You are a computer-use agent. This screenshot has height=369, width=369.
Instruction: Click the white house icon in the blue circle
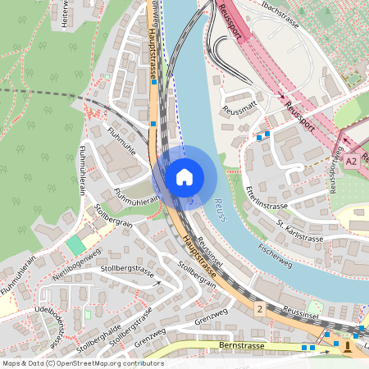coord(184,175)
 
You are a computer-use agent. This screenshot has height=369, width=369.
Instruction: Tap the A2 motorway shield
coord(352,162)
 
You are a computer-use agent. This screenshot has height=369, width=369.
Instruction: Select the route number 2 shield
coord(259,309)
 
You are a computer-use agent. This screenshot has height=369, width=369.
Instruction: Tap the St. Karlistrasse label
coord(299,231)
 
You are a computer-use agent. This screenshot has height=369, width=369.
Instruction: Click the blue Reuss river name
coord(218,205)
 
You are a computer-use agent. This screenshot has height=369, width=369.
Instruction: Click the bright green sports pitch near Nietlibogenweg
coord(75,244)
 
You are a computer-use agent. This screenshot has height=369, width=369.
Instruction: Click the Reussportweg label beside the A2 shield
coord(334,172)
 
